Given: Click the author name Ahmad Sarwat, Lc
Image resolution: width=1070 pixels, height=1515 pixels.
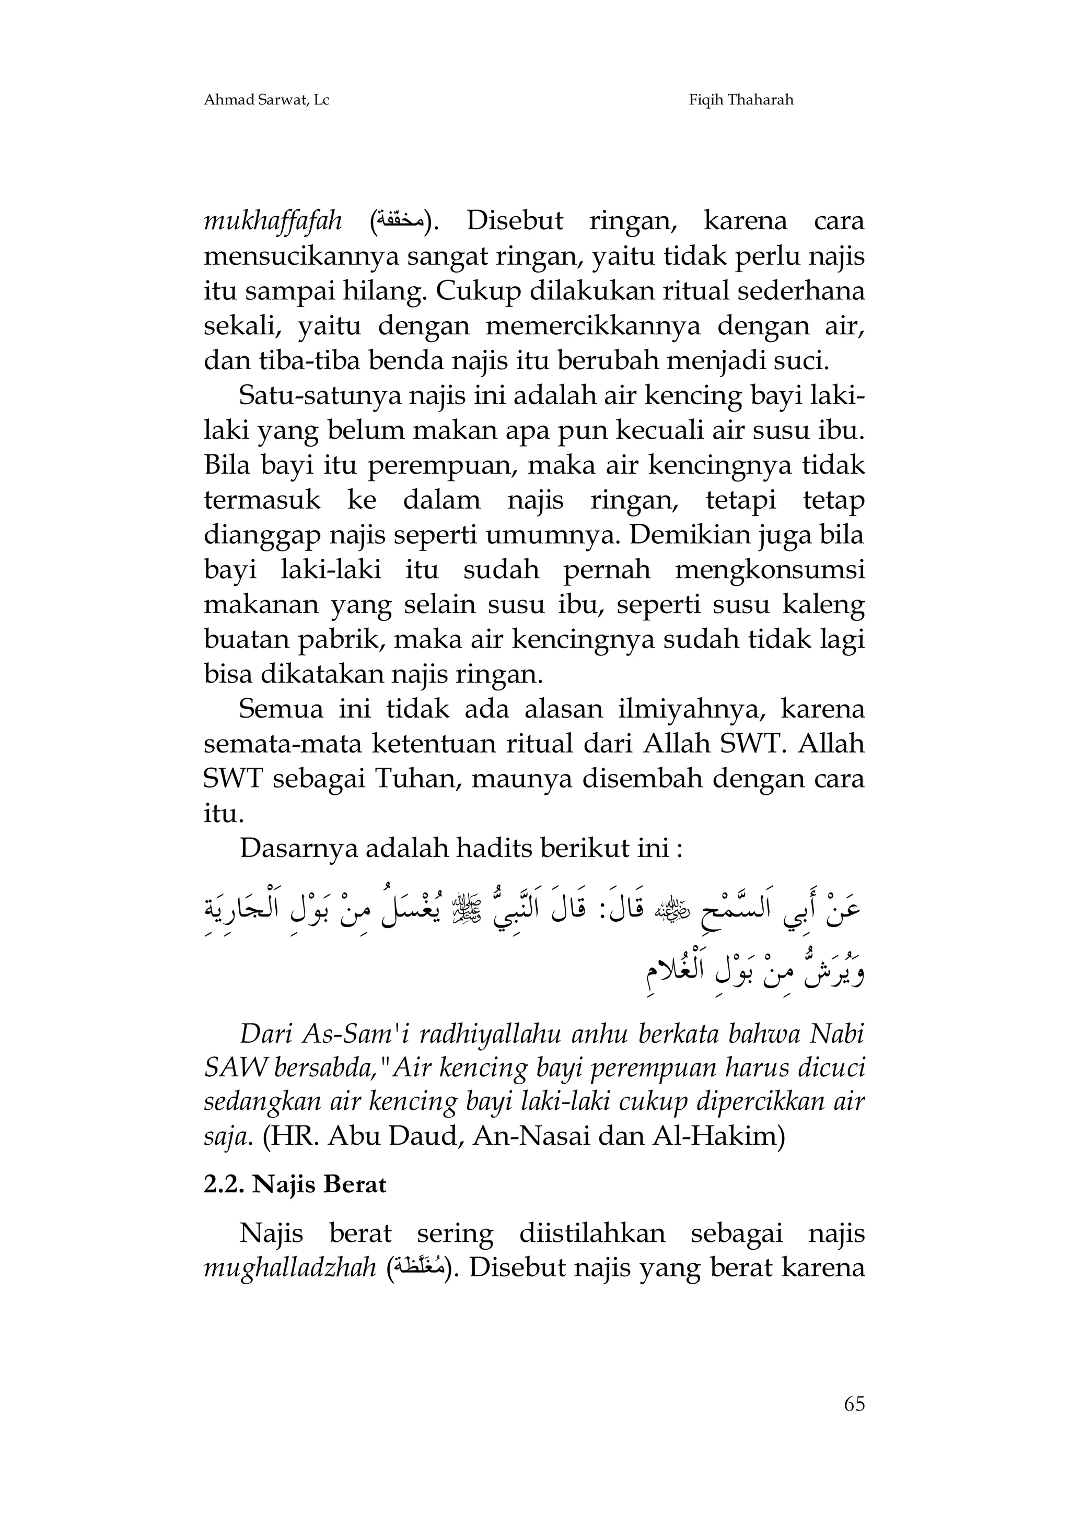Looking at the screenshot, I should coord(266,100).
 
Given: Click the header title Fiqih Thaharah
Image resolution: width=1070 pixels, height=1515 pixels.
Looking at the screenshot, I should coord(741,100).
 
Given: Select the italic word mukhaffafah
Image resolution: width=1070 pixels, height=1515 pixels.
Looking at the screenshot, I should coord(273,222).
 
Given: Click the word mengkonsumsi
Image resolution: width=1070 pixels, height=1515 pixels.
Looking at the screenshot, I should coord(770,570).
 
